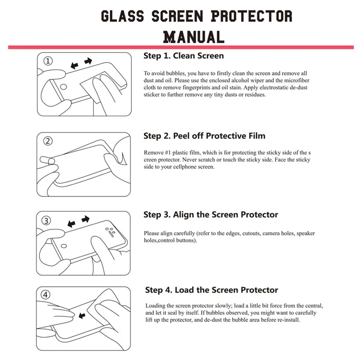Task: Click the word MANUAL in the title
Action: (193, 36)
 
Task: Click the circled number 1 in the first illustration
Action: (48, 61)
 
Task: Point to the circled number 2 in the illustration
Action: (48, 141)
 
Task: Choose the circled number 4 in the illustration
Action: (47, 295)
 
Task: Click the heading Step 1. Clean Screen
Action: (184, 56)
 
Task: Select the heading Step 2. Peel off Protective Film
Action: (204, 135)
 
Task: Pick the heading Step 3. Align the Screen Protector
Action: (211, 215)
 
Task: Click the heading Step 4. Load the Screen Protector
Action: (211, 290)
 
